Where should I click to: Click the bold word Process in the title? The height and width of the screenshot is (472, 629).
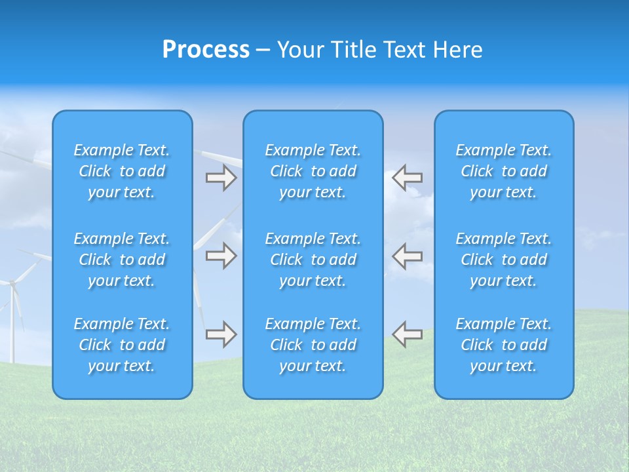tap(206, 49)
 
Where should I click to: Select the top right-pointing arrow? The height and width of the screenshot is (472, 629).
tap(221, 178)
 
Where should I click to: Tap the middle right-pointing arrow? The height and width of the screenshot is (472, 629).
tap(221, 256)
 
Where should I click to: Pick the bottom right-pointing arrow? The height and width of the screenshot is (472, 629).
tap(221, 334)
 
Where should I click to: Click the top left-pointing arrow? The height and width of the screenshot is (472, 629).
tap(407, 177)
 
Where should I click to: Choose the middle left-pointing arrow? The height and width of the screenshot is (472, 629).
tap(407, 256)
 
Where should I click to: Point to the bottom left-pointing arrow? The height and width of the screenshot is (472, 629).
tap(407, 334)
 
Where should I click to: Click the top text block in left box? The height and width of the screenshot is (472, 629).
tap(122, 171)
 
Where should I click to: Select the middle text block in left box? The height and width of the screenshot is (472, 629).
tap(122, 260)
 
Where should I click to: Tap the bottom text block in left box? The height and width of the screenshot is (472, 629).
tap(122, 345)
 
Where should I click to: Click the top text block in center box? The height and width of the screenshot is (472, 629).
tap(313, 171)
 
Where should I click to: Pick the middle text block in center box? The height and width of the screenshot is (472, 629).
tap(313, 260)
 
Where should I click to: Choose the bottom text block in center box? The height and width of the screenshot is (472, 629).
tap(313, 345)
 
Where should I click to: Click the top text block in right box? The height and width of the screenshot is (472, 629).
tap(504, 171)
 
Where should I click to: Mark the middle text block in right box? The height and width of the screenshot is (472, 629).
tap(504, 260)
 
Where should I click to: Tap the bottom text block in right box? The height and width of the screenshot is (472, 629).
tap(504, 345)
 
